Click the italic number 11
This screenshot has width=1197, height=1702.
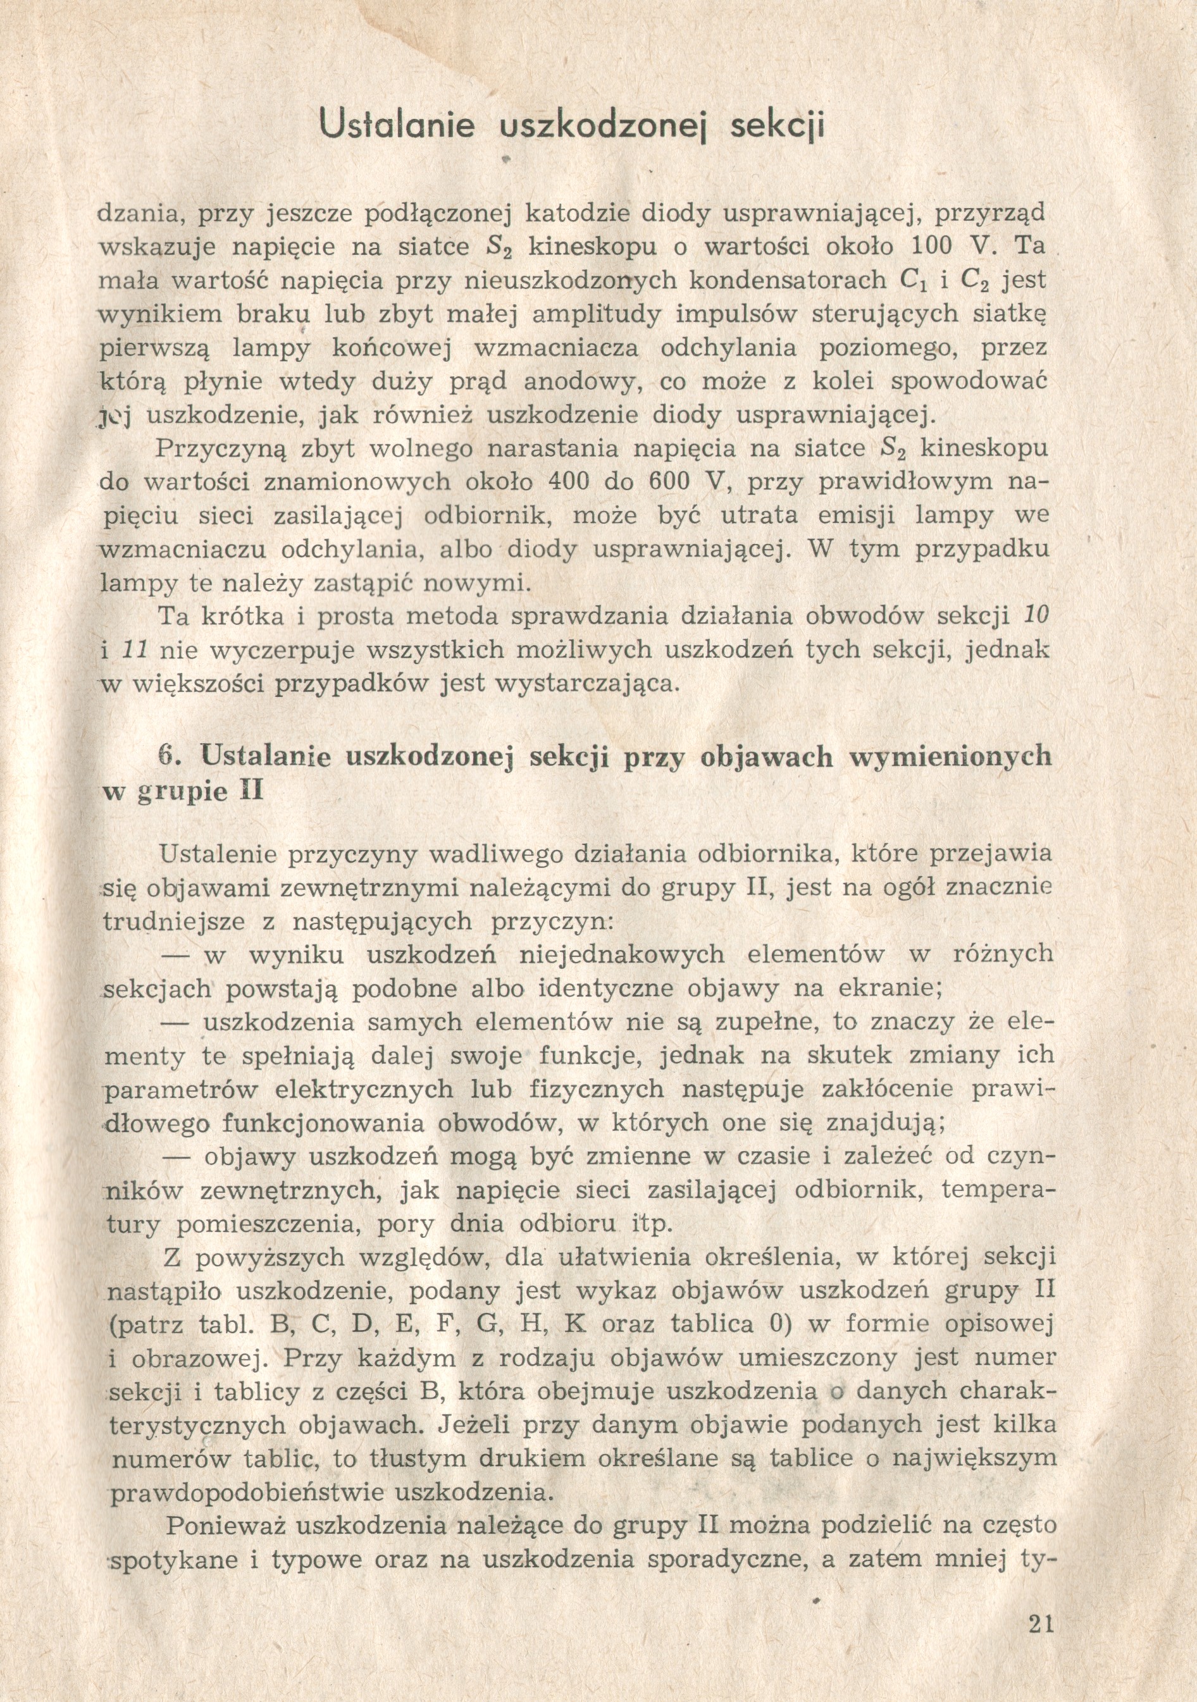tap(137, 650)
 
